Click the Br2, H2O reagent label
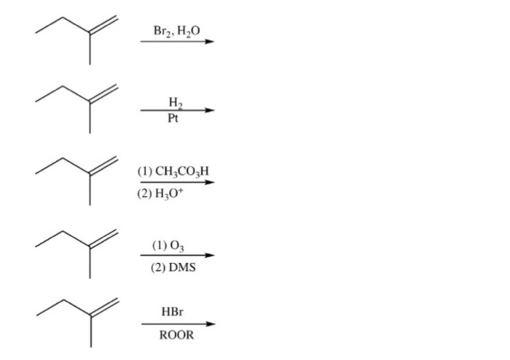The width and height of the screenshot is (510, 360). coord(177,31)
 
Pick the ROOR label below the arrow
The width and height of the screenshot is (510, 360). coord(176,335)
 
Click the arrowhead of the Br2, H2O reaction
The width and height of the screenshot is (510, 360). coord(211,42)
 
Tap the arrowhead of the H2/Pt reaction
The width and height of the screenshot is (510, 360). coord(211,111)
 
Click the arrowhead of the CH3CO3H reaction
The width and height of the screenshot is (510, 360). coord(211,182)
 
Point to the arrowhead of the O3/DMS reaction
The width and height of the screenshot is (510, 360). coord(211,256)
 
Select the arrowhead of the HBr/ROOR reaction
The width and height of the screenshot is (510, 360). coord(211,324)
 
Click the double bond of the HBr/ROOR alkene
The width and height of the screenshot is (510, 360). coord(104,308)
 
